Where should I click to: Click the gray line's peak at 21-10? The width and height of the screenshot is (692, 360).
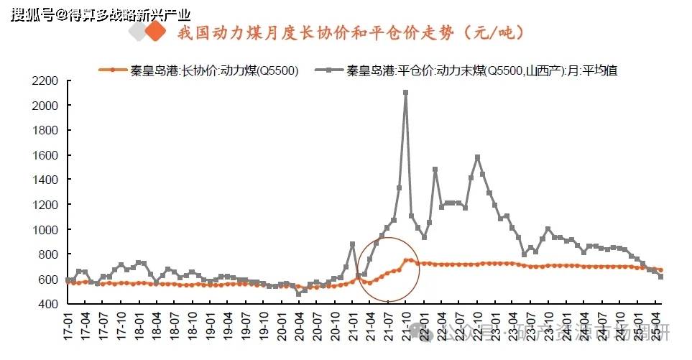click(406, 93)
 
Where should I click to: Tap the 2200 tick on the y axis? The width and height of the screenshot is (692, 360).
click(45, 80)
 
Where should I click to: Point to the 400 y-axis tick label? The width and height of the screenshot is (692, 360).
click(48, 304)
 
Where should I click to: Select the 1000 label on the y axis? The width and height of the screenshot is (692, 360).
click(45, 229)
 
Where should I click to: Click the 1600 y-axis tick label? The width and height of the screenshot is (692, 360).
click(45, 155)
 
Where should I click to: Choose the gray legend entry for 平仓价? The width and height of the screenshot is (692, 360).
click(474, 70)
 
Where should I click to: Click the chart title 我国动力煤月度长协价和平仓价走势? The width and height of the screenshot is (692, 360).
click(351, 32)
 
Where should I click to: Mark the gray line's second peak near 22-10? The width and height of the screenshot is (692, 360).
click(477, 157)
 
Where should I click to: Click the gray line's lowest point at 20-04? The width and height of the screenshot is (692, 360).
click(299, 293)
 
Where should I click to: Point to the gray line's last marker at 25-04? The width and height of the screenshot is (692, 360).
click(660, 277)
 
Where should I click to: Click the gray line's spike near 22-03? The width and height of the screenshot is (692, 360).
click(435, 170)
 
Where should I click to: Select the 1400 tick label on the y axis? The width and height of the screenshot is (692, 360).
click(45, 180)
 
